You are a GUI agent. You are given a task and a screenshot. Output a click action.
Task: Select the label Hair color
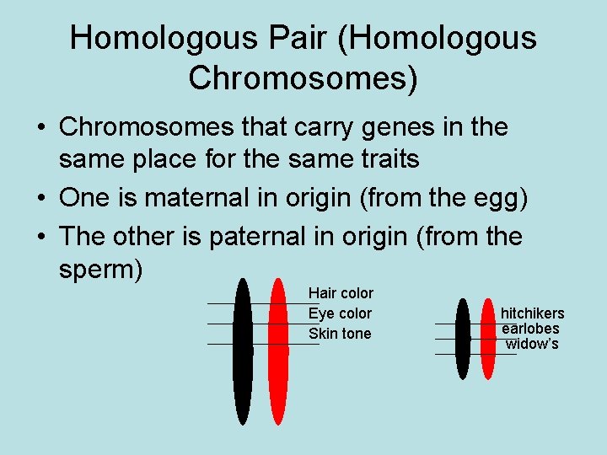(x=341, y=293)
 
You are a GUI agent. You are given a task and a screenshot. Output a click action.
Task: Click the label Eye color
(x=340, y=313)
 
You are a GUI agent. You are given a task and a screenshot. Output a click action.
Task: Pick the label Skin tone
(x=340, y=334)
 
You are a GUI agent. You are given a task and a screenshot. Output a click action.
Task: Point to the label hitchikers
(x=533, y=313)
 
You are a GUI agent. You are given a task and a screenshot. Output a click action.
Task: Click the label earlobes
(x=530, y=329)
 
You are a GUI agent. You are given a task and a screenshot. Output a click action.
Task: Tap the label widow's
(x=532, y=344)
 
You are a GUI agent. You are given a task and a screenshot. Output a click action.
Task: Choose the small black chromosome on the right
(x=462, y=339)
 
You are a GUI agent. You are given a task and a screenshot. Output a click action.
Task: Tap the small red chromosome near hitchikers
(x=487, y=339)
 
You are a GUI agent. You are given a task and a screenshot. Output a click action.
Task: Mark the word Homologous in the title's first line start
(x=158, y=38)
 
